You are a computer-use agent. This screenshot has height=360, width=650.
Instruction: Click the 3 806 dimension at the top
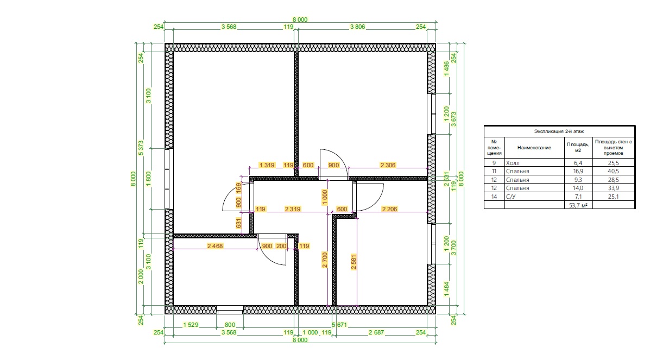pyautogui.click(x=357, y=27)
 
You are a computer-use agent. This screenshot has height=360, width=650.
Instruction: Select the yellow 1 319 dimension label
pyautogui.click(x=267, y=165)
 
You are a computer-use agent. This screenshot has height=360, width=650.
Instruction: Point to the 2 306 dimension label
pyautogui.click(x=388, y=165)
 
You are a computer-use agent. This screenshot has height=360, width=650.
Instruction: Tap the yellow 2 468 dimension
pyautogui.click(x=214, y=246)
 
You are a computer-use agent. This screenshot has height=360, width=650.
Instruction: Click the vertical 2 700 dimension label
pyautogui.click(x=325, y=260)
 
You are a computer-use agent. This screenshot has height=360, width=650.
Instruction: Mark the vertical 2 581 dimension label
pyautogui.click(x=354, y=262)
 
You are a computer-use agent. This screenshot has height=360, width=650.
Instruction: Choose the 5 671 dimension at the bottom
pyautogui.click(x=339, y=325)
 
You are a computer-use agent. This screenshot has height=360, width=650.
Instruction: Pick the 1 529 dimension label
pyautogui.click(x=191, y=325)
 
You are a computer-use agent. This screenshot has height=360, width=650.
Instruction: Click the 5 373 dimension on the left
pyautogui.click(x=141, y=148)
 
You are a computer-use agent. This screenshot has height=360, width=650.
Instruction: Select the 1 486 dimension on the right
pyautogui.click(x=446, y=69)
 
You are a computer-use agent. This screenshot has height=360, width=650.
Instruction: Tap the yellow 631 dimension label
pyautogui.click(x=238, y=223)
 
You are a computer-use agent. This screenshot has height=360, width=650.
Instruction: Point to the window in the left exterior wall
pyautogui.click(x=168, y=178)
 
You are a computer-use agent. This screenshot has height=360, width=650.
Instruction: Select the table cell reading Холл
pyautogui.click(x=513, y=163)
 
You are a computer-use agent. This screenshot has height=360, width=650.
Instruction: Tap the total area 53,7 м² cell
pyautogui.click(x=578, y=205)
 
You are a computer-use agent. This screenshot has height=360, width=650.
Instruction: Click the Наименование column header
pyautogui.click(x=534, y=148)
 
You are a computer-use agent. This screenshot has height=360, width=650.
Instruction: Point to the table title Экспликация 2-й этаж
pyautogui.click(x=559, y=131)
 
